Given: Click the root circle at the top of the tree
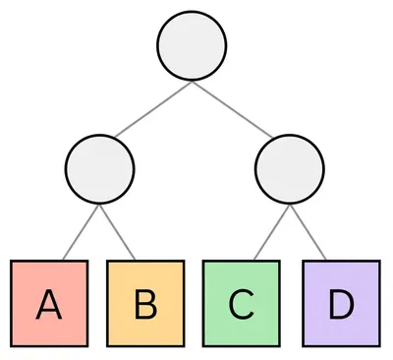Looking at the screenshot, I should (x=192, y=46).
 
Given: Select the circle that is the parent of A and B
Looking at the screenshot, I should (x=98, y=169).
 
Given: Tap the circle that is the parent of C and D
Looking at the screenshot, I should (x=289, y=169).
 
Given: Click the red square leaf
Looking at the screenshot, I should (x=49, y=304).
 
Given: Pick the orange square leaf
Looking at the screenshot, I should (x=145, y=304).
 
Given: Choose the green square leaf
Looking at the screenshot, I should (x=241, y=304).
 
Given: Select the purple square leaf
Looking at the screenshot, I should (x=340, y=304).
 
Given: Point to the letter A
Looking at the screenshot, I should (x=49, y=306).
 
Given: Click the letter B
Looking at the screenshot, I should (x=145, y=306).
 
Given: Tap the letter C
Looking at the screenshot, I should (x=241, y=306).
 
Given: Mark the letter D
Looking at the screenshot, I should (x=340, y=306).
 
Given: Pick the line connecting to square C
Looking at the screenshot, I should (x=270, y=232).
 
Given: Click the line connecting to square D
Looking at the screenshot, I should (x=309, y=232).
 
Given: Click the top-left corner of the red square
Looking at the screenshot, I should (x=12, y=262).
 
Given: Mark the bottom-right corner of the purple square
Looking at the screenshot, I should (x=378, y=345).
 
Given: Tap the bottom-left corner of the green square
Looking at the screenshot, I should (x=203, y=345).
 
